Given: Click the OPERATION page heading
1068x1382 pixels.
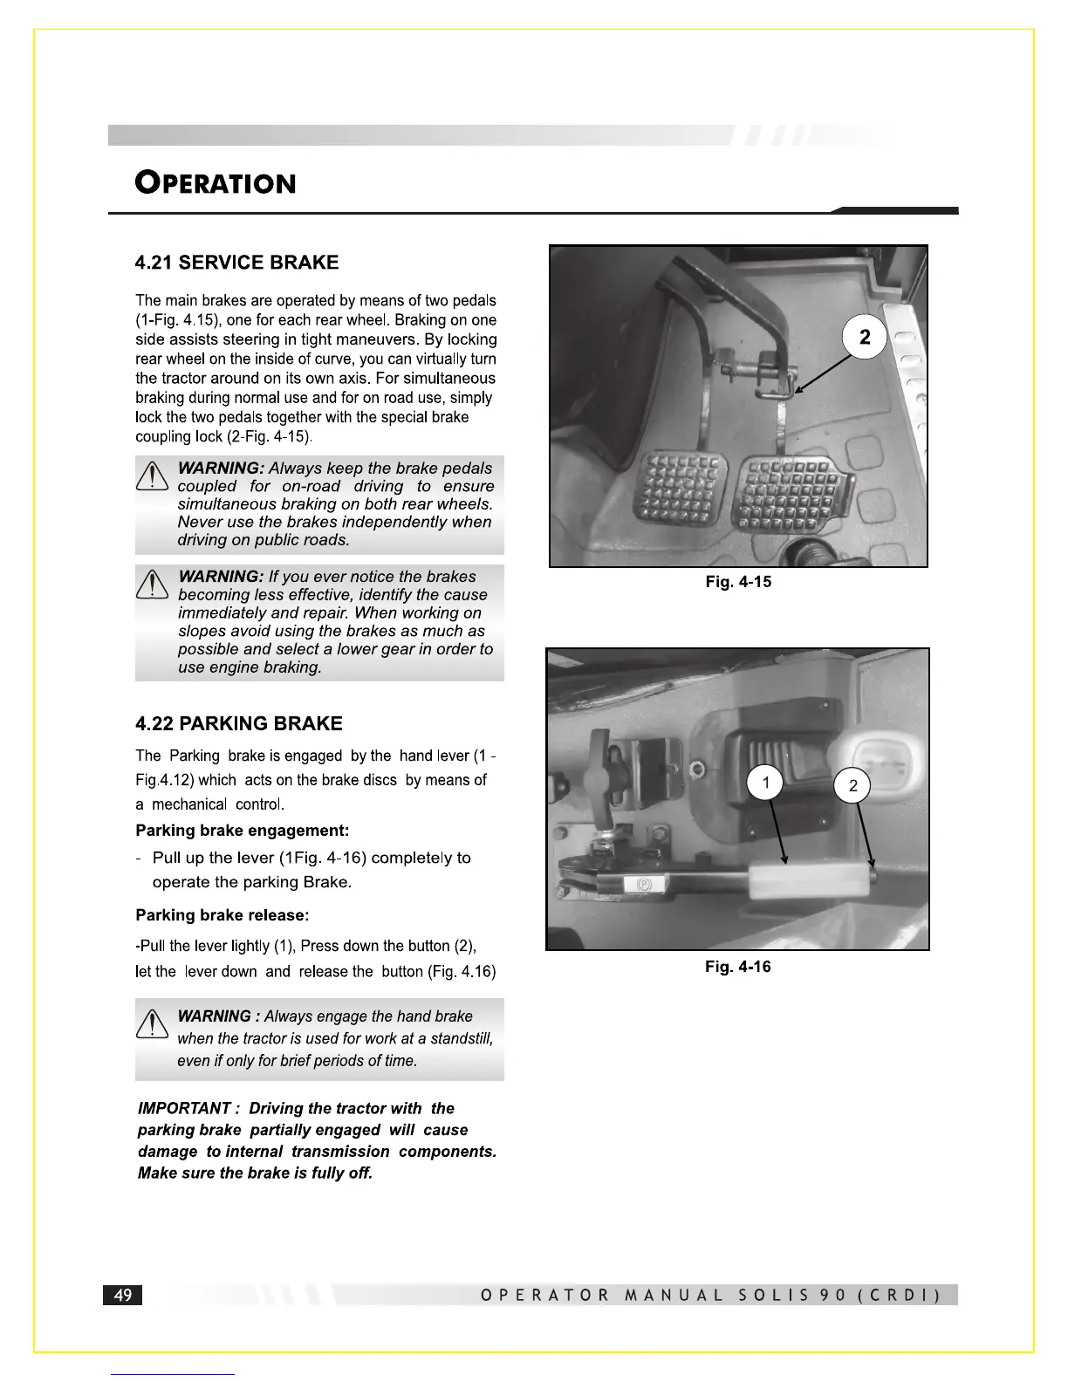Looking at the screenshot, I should click(x=216, y=183).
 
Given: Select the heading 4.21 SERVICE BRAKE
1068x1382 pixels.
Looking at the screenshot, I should click(x=236, y=263).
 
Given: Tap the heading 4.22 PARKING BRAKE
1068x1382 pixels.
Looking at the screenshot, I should click(x=238, y=723).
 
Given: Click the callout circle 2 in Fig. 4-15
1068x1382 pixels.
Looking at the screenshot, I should click(x=864, y=338).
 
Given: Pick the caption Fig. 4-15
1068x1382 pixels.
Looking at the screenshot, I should click(x=738, y=582).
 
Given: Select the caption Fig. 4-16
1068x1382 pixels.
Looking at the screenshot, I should click(x=737, y=967).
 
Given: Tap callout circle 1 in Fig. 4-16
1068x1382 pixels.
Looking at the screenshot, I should click(x=766, y=783).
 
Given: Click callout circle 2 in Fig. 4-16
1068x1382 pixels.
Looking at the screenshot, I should click(x=852, y=786).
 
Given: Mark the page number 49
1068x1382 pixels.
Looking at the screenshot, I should click(x=123, y=1295).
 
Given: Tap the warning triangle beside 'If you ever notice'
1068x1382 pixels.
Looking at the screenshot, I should click(x=153, y=585).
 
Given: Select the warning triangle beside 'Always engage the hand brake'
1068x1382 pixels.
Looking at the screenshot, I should click(x=153, y=1024).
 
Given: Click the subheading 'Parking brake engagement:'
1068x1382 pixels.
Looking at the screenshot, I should click(x=242, y=831).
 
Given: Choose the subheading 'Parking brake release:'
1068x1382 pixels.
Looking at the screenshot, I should click(x=222, y=915).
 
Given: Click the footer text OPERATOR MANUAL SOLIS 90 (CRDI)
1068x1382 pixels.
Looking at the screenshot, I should click(x=710, y=1295).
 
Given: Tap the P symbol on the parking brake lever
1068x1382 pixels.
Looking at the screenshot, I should click(x=645, y=885).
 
